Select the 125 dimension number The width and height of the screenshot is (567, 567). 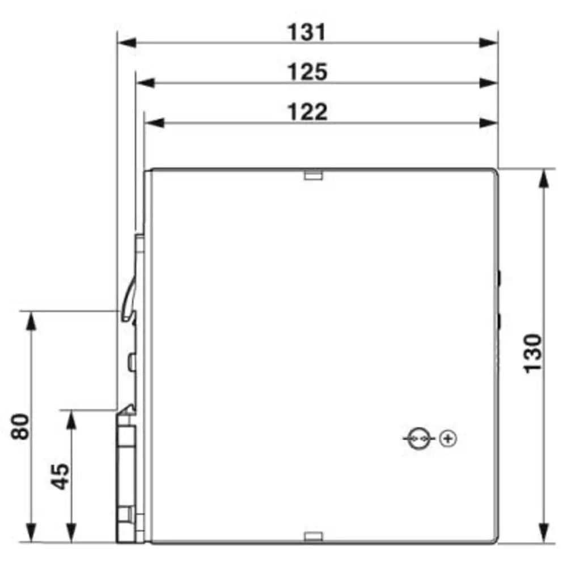tap(307, 72)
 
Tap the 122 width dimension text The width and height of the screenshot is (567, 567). tap(307, 112)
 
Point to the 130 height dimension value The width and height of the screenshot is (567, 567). tap(532, 353)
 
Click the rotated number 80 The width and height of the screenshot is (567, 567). tap(22, 426)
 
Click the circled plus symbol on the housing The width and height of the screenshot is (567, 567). tap(448, 438)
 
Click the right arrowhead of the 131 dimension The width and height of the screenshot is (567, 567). tap(488, 43)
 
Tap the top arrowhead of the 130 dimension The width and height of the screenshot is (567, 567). tap(544, 179)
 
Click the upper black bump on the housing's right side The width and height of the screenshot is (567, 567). tap(500, 277)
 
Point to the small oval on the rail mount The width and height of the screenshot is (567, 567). tap(132, 361)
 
